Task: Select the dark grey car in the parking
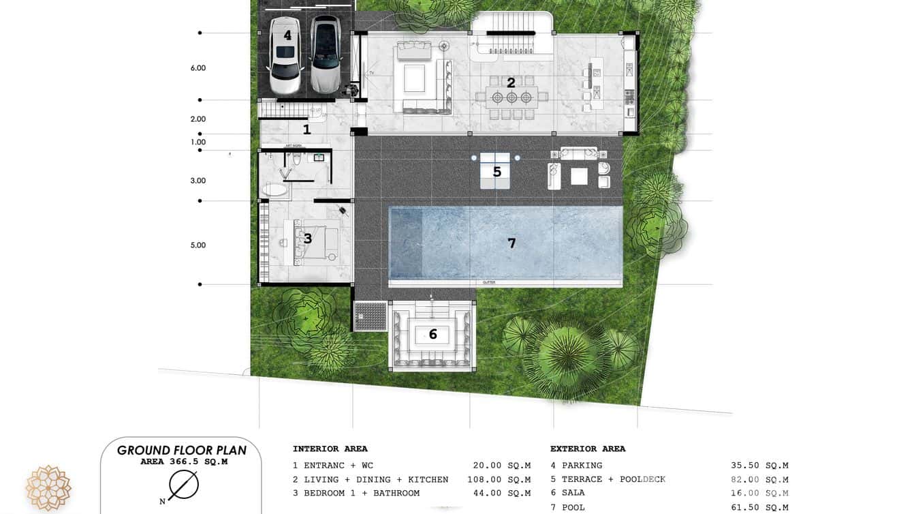pyautogui.click(x=326, y=55)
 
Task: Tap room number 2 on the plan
pyautogui.click(x=511, y=82)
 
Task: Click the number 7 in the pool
pyautogui.click(x=511, y=243)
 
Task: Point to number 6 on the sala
pyautogui.click(x=432, y=335)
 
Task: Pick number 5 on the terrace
pyautogui.click(x=497, y=172)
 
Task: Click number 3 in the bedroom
pyautogui.click(x=308, y=239)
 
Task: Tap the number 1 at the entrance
pyautogui.click(x=306, y=129)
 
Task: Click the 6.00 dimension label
pyautogui.click(x=198, y=68)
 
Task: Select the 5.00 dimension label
pyautogui.click(x=198, y=245)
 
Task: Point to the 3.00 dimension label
pyautogui.click(x=198, y=181)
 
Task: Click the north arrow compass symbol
pyautogui.click(x=183, y=485)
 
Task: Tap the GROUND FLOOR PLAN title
pyautogui.click(x=182, y=451)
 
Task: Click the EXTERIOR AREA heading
pyautogui.click(x=588, y=449)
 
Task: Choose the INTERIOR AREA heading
pyautogui.click(x=330, y=449)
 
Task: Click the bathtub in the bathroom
pyautogui.click(x=275, y=190)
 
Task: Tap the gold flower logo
pyautogui.click(x=48, y=488)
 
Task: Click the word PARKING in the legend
pyautogui.click(x=582, y=466)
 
